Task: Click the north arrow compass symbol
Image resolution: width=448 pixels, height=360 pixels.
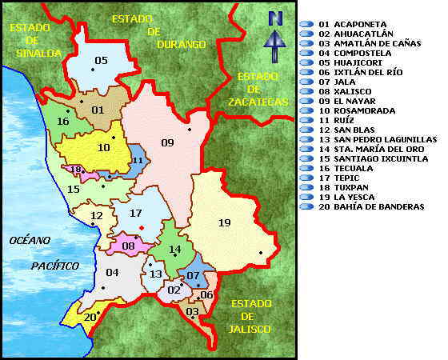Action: click(275, 37)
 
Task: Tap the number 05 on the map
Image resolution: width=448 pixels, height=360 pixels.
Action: click(101, 61)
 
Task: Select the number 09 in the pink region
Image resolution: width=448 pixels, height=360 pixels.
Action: click(167, 143)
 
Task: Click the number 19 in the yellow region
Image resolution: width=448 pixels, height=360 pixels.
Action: click(224, 223)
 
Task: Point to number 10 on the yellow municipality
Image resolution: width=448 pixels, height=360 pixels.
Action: click(104, 147)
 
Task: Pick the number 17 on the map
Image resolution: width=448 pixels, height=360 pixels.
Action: click(135, 213)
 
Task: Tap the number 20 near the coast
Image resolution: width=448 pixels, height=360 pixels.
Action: click(90, 317)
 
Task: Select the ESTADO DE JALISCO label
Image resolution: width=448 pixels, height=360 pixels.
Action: click(250, 316)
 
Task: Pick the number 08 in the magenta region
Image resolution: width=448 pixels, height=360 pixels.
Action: click(129, 246)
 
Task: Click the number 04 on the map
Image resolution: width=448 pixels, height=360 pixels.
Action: click(112, 273)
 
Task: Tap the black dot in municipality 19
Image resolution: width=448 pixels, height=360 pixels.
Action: click(261, 254)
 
